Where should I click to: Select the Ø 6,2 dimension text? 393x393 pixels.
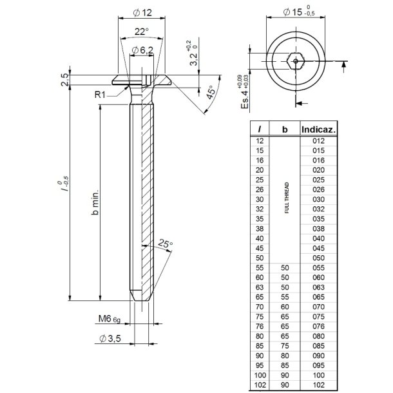click(x=141, y=51)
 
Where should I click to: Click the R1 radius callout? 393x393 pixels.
click(x=100, y=94)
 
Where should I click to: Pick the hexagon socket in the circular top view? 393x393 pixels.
click(x=296, y=62)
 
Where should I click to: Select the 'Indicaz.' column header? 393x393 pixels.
click(x=320, y=129)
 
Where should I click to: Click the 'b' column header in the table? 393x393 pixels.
click(x=285, y=129)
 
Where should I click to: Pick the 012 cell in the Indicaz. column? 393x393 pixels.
click(x=318, y=140)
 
